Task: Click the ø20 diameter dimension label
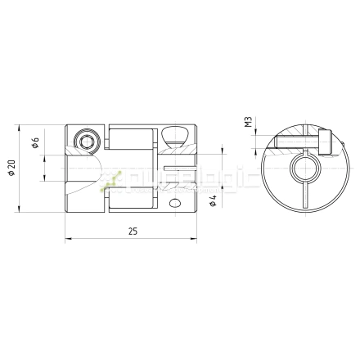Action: pos(11,168)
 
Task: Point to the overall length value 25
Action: pos(132,232)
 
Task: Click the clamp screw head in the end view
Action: pos(326,144)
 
